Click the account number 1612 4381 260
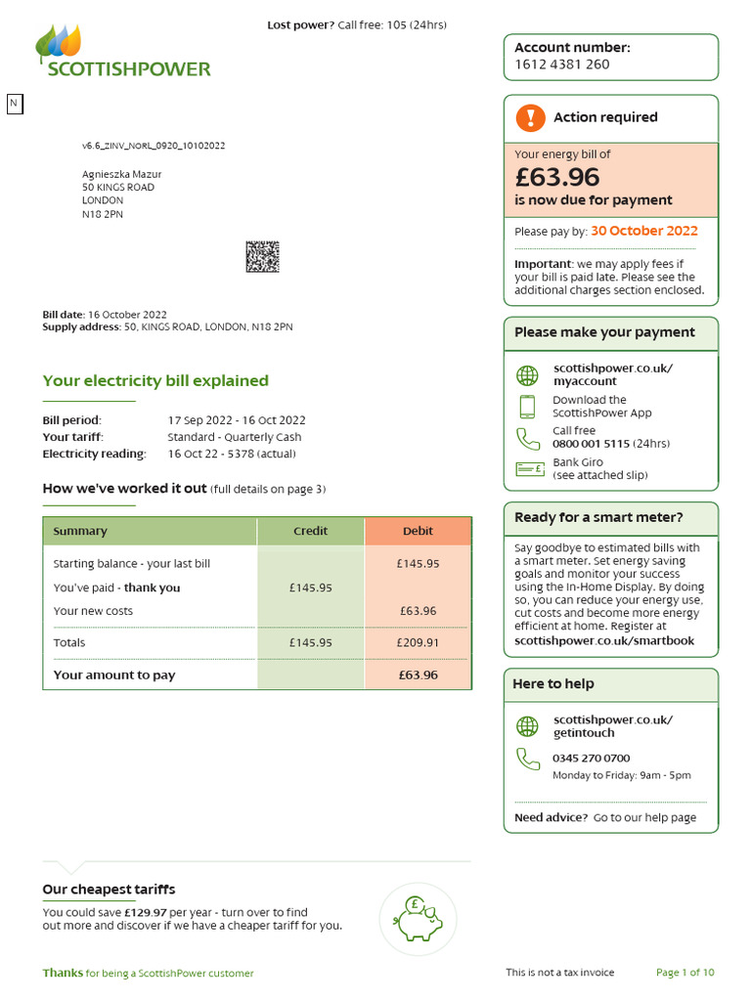point(561,65)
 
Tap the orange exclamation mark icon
point(529,118)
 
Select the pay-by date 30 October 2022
point(643,232)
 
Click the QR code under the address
point(261,257)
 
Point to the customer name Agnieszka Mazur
point(121,174)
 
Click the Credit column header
point(310,531)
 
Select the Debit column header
point(418,531)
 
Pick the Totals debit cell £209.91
point(418,642)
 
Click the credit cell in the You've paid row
point(310,588)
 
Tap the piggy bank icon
point(418,919)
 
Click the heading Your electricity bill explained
point(155,381)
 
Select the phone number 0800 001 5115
point(590,444)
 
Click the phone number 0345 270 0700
point(591,758)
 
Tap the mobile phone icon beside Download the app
point(527,407)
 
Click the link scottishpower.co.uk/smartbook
point(603,641)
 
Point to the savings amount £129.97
point(145,912)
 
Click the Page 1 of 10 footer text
point(685,973)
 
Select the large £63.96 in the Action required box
point(556,177)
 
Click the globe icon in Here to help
point(527,726)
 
